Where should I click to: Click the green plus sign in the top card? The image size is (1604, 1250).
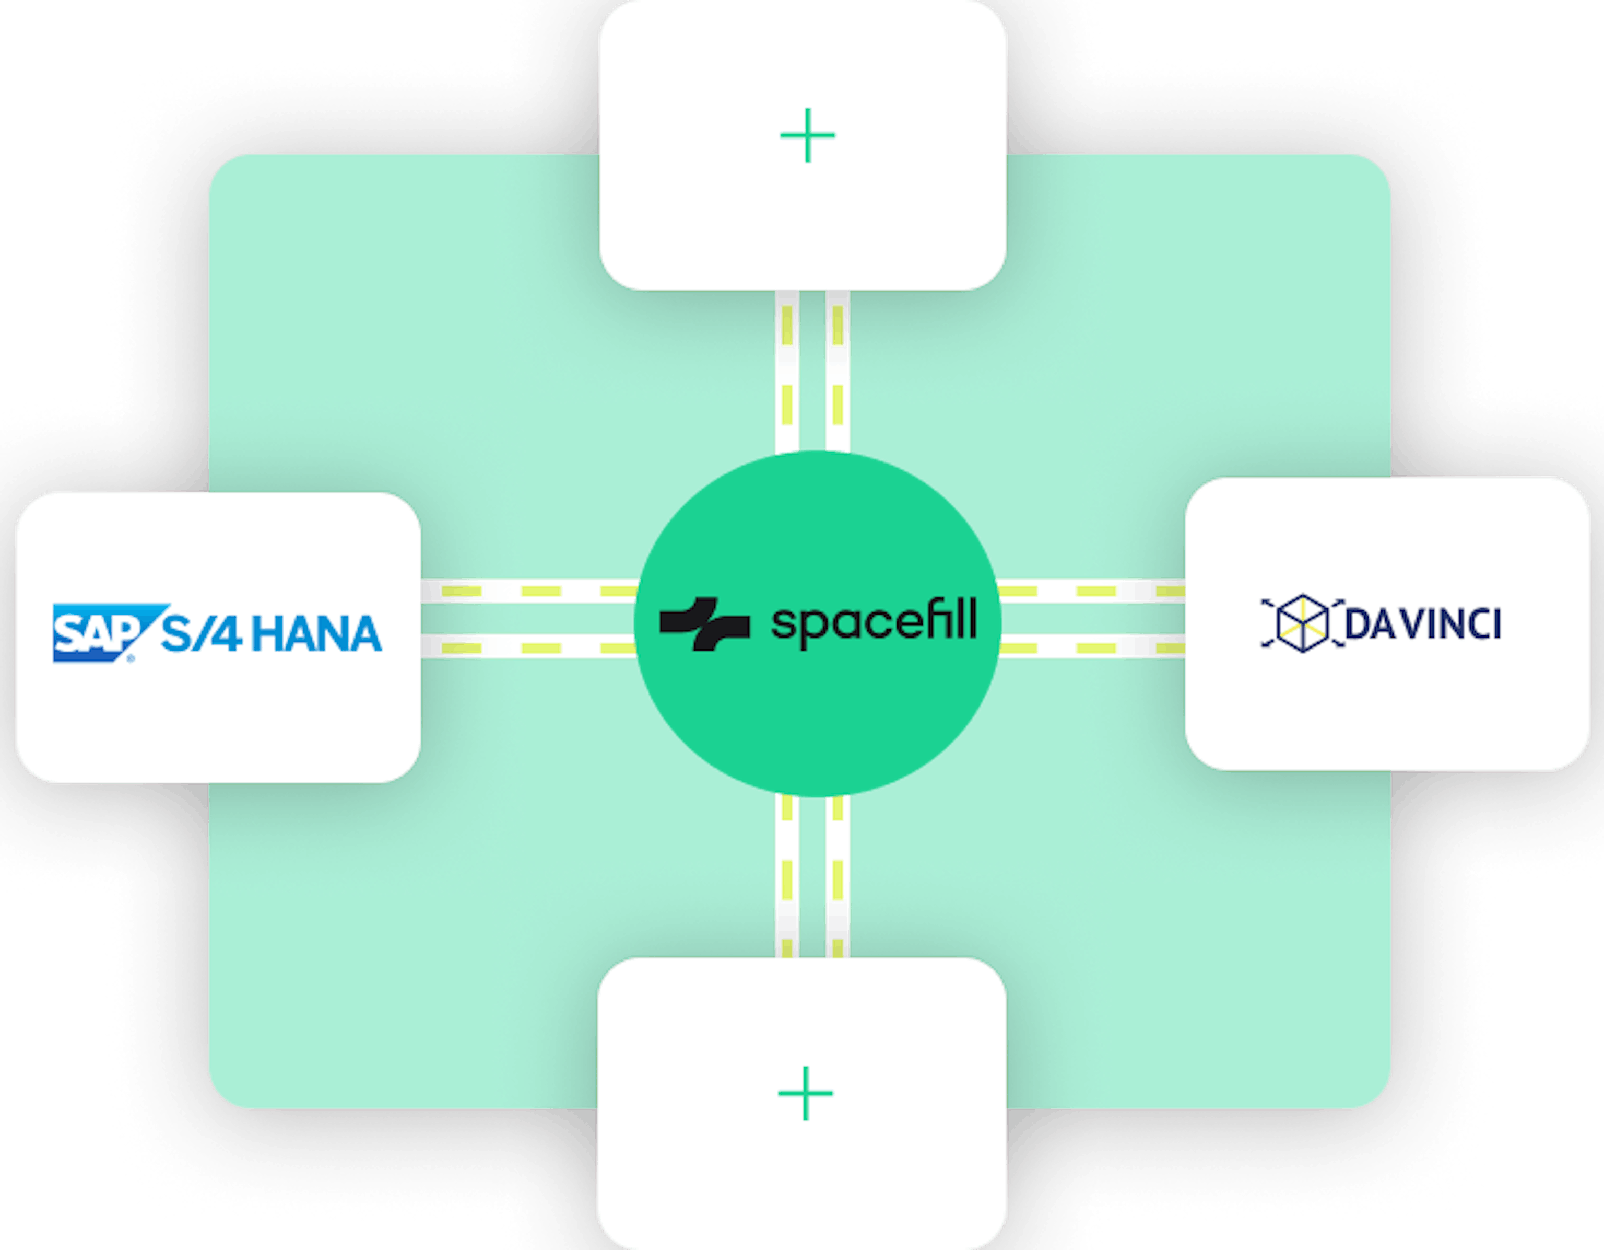tap(807, 135)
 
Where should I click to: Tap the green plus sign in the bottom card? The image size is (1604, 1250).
tap(806, 1093)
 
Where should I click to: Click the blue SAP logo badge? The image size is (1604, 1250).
tap(103, 633)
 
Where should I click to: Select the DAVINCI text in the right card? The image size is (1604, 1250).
tap(1423, 624)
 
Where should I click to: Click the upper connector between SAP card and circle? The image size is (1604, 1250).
tap(529, 592)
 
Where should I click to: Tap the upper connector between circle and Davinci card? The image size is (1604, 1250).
tap(1092, 592)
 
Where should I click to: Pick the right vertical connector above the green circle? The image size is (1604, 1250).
tap(838, 371)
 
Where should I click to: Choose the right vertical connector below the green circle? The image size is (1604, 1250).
tap(838, 877)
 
